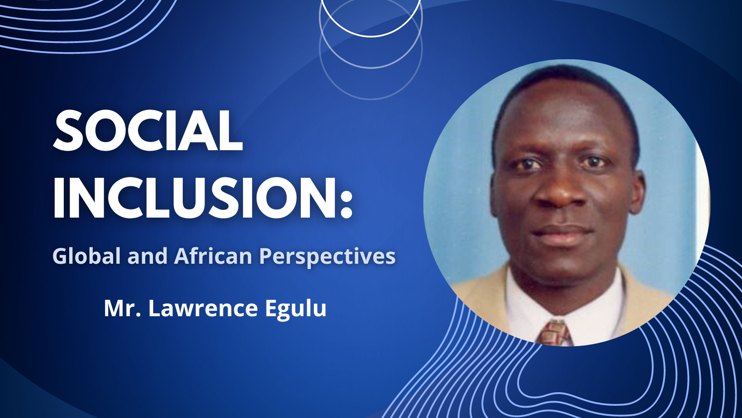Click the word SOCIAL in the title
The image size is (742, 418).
coord(148,130)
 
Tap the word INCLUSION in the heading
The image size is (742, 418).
coord(194,197)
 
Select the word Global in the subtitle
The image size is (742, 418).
coord(86,256)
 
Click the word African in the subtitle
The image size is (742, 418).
coord(213,256)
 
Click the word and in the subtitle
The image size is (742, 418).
coord(147,256)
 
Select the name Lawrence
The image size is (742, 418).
coord(203,309)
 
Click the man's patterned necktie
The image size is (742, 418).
coord(555,333)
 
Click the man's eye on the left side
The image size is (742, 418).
coord(526,164)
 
